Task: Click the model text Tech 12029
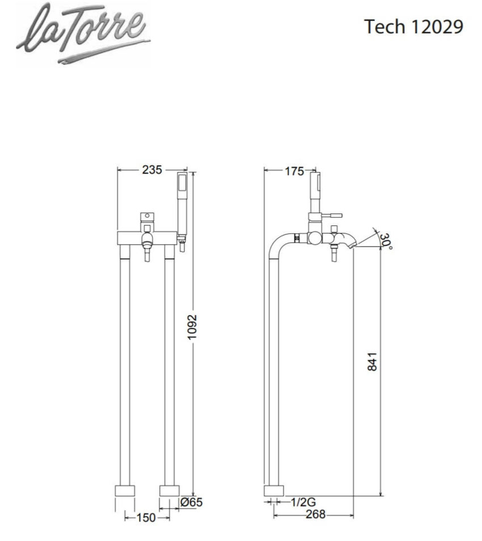[x=414, y=27]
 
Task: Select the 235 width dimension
[x=151, y=169]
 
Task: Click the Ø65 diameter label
[x=191, y=502]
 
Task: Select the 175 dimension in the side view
[x=294, y=172]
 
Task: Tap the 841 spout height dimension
[x=371, y=362]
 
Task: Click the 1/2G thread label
[x=303, y=502]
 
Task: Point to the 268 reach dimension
[x=315, y=514]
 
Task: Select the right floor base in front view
[x=169, y=491]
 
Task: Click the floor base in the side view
[x=274, y=491]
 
